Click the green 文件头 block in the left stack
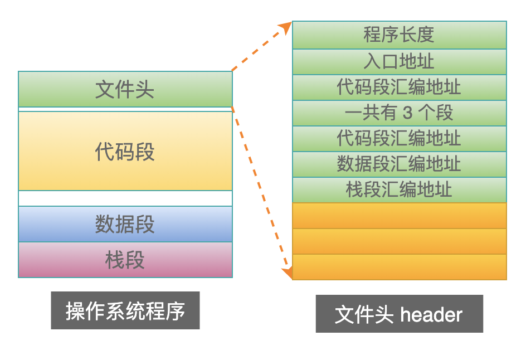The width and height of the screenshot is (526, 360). pyautogui.click(x=125, y=89)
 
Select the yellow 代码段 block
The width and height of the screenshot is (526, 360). pyautogui.click(x=125, y=151)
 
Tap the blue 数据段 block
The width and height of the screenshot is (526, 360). pyautogui.click(x=125, y=224)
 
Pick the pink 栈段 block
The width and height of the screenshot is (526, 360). pyautogui.click(x=125, y=260)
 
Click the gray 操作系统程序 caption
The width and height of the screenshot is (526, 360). pyautogui.click(x=125, y=310)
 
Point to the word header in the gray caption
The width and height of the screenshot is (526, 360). pyautogui.click(x=431, y=314)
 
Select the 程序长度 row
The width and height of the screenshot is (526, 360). pyautogui.click(x=399, y=35)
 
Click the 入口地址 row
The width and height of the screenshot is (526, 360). pyautogui.click(x=399, y=62)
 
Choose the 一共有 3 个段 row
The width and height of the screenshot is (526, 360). pyautogui.click(x=399, y=113)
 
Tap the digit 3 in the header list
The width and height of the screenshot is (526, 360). pyautogui.click(x=407, y=113)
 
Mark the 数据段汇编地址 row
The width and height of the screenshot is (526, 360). pyautogui.click(x=399, y=164)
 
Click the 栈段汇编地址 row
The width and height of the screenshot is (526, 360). pyautogui.click(x=399, y=190)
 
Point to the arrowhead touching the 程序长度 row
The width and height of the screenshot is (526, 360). pyautogui.click(x=286, y=27)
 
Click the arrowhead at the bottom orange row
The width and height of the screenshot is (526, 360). pyautogui.click(x=288, y=273)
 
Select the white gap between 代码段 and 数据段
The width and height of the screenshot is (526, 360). pyautogui.click(x=125, y=198)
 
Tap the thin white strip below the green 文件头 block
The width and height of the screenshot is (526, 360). pyautogui.click(x=125, y=109)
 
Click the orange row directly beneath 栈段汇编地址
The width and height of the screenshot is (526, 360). pyautogui.click(x=399, y=216)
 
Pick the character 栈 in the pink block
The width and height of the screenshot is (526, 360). pyautogui.click(x=115, y=260)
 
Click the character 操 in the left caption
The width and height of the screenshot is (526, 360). pyautogui.click(x=75, y=310)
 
